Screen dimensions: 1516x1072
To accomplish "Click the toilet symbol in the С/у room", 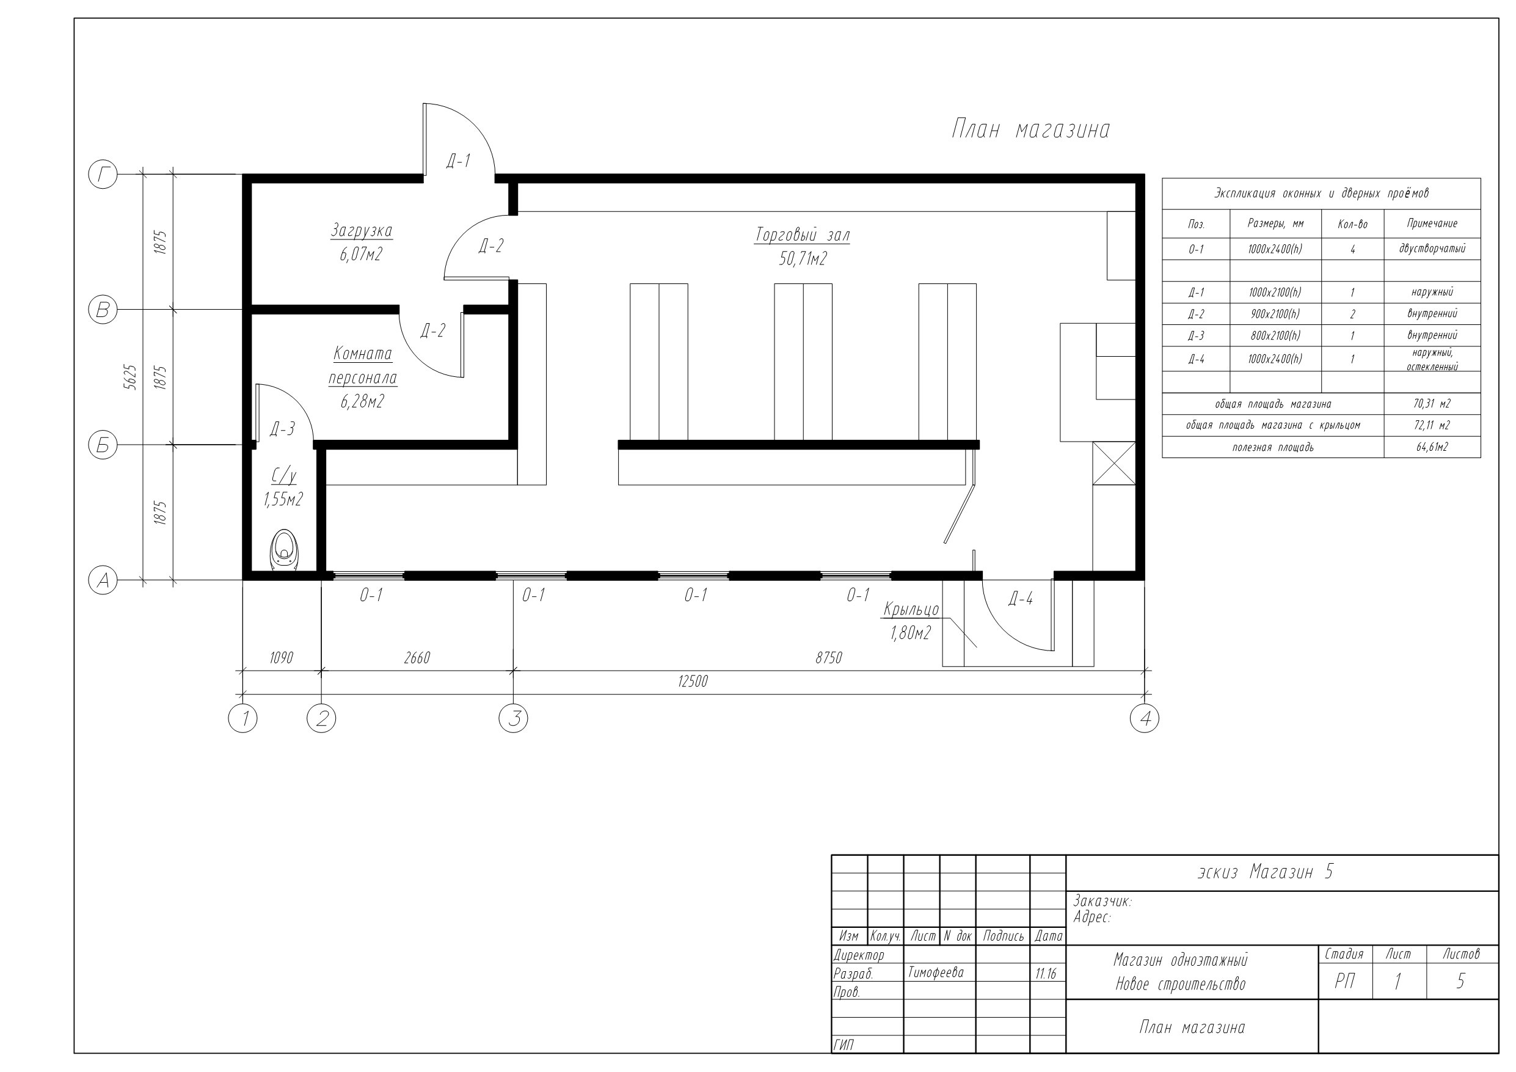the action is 285,550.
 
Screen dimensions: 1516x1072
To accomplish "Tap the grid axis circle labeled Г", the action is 103,175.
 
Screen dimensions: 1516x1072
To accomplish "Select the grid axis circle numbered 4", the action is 1145,718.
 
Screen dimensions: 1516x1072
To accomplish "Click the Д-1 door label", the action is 458,161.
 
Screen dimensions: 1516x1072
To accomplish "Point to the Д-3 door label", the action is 283,429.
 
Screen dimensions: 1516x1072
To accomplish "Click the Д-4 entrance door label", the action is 1020,599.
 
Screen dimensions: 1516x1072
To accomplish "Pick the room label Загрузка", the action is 362,230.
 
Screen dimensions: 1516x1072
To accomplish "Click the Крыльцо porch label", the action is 911,609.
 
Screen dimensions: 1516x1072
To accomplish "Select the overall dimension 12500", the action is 693,682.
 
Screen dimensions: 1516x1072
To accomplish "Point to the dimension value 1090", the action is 282,658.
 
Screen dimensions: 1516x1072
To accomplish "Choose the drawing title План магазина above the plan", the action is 1030,129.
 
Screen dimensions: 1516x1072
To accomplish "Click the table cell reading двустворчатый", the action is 1432,249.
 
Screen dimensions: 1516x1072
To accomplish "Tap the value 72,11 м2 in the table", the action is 1432,425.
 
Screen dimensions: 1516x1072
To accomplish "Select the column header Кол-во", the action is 1352,225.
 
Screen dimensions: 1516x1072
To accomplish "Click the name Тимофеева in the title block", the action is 936,972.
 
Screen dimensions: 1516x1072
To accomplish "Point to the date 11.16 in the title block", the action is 1046,974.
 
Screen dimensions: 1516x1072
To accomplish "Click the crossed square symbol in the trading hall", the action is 1115,464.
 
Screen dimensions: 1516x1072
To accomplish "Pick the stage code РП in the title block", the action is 1345,982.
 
